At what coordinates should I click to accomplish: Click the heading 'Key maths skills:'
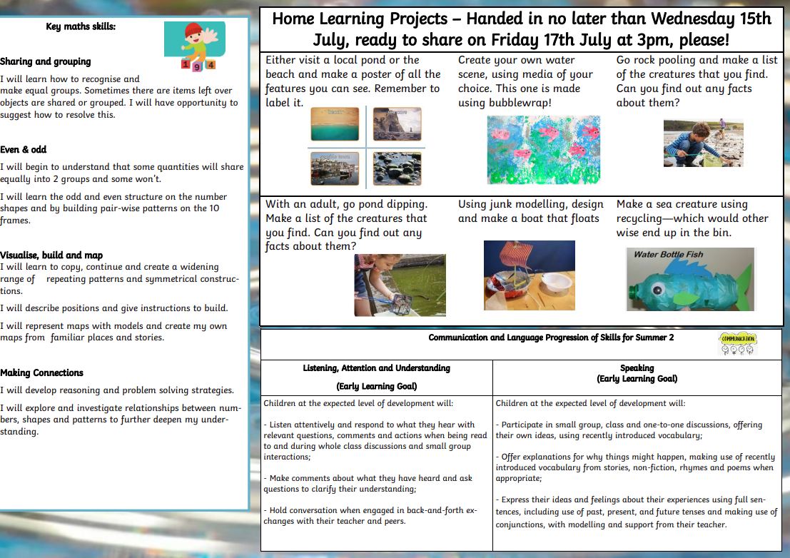[81, 26]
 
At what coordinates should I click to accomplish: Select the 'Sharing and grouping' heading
[46, 61]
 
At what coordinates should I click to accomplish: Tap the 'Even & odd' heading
[23, 150]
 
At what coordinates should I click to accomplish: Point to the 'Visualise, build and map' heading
[51, 255]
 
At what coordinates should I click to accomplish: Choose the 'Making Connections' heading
[42, 372]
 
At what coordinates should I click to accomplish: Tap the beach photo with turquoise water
[335, 124]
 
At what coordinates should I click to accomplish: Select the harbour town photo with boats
[335, 168]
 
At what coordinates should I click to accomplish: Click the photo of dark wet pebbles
[397, 168]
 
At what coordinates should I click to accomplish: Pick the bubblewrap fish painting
[544, 150]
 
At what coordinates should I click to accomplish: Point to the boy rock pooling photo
[704, 143]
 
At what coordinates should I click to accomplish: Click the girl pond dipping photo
[400, 285]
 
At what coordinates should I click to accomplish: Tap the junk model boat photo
[529, 275]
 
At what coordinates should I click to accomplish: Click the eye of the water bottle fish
[657, 289]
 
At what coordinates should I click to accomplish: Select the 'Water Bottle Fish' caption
[668, 254]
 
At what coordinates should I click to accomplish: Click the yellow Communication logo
[738, 343]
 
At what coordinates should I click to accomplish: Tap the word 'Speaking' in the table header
[637, 368]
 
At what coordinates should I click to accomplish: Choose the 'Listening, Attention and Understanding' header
[376, 368]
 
